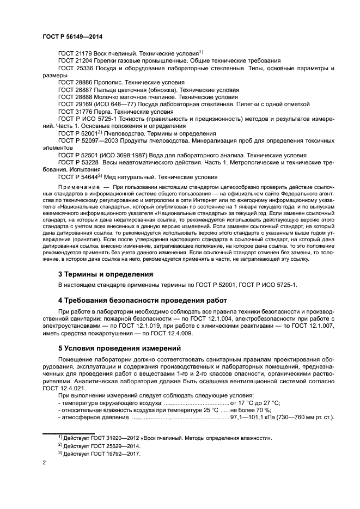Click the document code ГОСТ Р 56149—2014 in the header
point(72,36)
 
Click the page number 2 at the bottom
point(44,463)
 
